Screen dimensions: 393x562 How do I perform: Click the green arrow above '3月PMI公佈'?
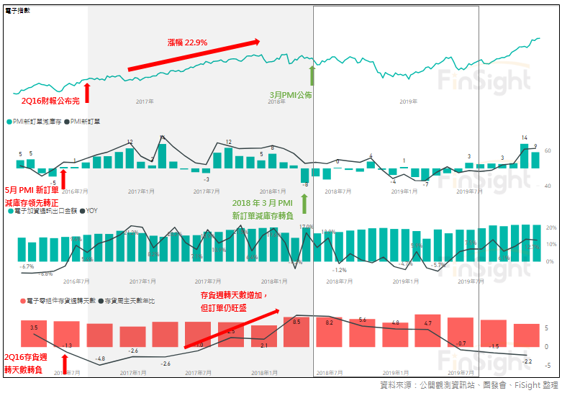pos(312,76)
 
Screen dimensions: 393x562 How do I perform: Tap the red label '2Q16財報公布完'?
pos(50,100)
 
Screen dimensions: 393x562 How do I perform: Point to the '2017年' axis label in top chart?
pos(145,101)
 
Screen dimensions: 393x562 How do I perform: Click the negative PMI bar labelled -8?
pos(305,176)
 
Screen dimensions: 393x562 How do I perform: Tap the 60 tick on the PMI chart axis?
pos(548,150)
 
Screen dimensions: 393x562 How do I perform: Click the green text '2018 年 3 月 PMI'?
pos(263,204)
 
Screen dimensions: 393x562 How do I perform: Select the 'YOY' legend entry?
pos(91,211)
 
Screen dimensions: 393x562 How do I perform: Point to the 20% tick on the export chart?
pos(550,227)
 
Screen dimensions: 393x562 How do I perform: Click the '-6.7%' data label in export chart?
pos(28,266)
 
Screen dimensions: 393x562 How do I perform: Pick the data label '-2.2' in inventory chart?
pos(527,361)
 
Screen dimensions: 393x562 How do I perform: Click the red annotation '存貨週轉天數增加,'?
pos(233,296)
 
